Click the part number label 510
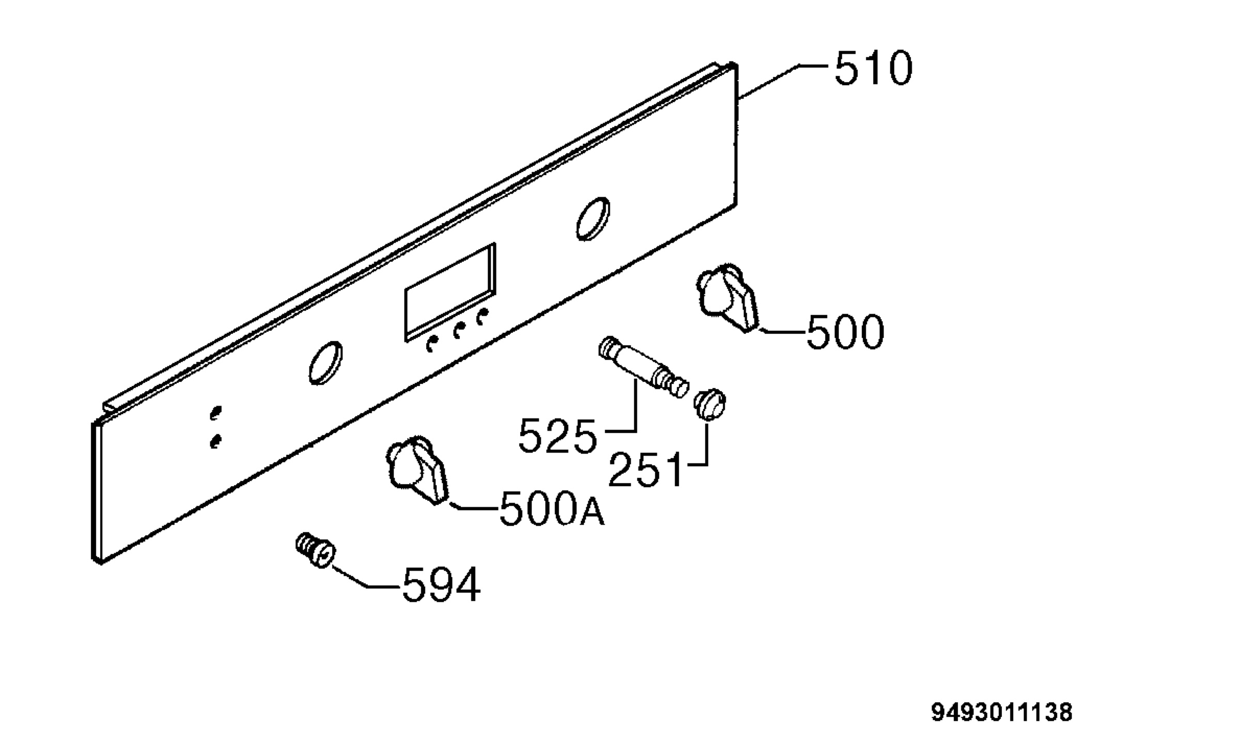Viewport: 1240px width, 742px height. click(x=874, y=68)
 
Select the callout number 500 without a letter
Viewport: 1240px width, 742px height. click(x=845, y=332)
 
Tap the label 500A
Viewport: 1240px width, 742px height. click(x=552, y=508)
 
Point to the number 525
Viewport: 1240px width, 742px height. click(x=557, y=436)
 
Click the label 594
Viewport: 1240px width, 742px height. click(x=442, y=585)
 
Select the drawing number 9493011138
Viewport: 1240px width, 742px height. click(x=1002, y=713)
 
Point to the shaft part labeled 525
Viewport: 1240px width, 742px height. click(x=644, y=367)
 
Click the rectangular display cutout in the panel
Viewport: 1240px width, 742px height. click(x=450, y=292)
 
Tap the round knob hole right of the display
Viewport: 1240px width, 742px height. click(x=593, y=219)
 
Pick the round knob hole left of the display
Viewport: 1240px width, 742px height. click(x=326, y=363)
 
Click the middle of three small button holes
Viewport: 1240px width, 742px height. click(x=457, y=331)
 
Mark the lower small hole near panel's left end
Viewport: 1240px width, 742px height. click(x=216, y=441)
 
